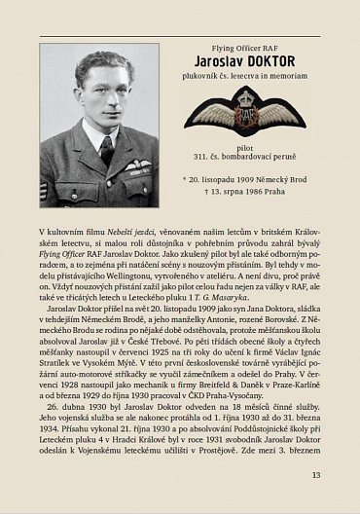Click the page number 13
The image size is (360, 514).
(x=316, y=474)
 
